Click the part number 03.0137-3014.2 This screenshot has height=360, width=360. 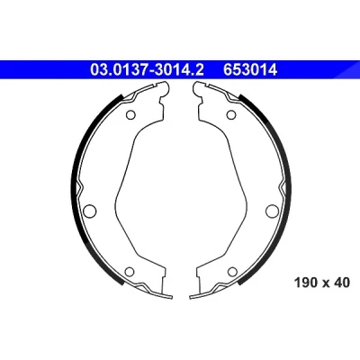coord(147,70)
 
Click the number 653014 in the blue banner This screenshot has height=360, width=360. coord(250,70)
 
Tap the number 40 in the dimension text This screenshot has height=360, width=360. coord(342,283)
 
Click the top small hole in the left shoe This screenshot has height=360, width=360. coord(130,115)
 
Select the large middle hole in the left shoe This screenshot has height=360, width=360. coord(89,211)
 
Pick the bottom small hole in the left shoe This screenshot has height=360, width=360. coord(130,272)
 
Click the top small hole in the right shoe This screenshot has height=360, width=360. coord(230,115)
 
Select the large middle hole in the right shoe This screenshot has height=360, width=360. coord(272,211)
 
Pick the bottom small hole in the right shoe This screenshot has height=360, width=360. coord(232,272)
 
